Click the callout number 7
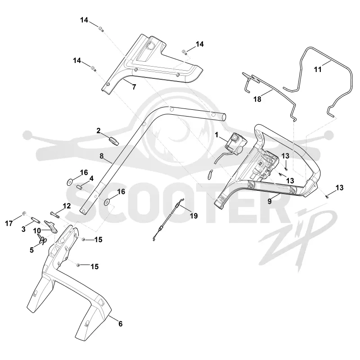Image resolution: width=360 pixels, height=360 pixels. click(134, 87)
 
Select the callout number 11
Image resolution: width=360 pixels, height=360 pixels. click(318, 69)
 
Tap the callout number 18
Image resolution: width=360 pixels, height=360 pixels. click(257, 99)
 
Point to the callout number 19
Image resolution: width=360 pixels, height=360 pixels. click(194, 216)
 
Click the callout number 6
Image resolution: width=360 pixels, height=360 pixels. click(120, 324)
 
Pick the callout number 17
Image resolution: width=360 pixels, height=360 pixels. click(9, 223)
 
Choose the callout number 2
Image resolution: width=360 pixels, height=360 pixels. click(99, 130)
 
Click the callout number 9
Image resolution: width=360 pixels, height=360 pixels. click(270, 201)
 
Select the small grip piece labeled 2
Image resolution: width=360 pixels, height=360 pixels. click(114, 140)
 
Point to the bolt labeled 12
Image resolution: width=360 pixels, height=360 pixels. click(55, 215)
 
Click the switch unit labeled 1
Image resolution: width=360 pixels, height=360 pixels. click(235, 142)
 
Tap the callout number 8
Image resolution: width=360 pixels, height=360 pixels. click(102, 156)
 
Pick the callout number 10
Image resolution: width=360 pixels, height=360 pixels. click(37, 230)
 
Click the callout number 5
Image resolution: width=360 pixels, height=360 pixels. click(31, 250)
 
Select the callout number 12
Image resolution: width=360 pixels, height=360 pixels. click(67, 206)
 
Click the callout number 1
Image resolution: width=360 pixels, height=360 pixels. click(216, 135)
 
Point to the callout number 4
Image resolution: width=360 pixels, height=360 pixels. click(91, 178)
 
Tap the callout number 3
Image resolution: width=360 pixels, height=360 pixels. click(23, 229)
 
